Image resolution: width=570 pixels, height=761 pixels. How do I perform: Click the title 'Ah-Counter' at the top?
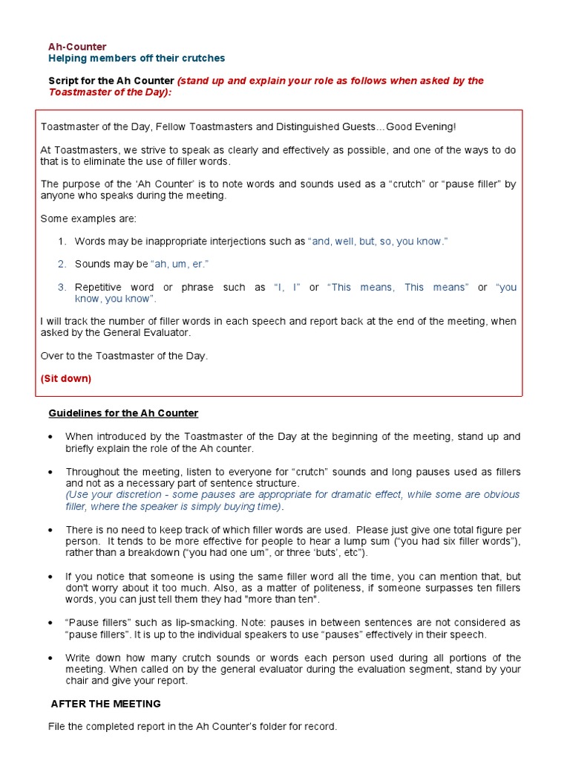point(77,47)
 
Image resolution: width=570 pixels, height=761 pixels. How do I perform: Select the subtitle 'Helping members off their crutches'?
point(137,58)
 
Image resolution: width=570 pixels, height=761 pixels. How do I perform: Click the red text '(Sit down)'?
point(66,378)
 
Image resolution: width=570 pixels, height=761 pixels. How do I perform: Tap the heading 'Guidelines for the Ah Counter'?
point(123,413)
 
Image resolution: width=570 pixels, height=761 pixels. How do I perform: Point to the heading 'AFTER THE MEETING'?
point(105,703)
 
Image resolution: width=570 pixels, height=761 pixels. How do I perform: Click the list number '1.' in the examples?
point(62,242)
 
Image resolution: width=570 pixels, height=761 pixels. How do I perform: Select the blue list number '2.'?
point(62,264)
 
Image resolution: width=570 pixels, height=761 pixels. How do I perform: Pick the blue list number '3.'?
point(62,287)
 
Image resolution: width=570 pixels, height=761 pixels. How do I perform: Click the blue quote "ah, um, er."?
point(180,264)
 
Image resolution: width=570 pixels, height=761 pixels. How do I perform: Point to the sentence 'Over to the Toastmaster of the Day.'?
point(124,356)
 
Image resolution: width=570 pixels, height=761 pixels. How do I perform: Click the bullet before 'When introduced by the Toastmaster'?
point(50,437)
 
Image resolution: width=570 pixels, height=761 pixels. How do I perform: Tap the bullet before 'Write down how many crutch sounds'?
point(50,658)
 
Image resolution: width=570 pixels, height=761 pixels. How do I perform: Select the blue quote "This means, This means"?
point(398,287)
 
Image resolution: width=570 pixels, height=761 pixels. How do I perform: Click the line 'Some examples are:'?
point(88,218)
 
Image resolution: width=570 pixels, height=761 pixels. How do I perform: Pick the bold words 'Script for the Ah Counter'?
point(111,81)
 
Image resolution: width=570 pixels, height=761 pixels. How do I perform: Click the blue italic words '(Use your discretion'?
point(112,495)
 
